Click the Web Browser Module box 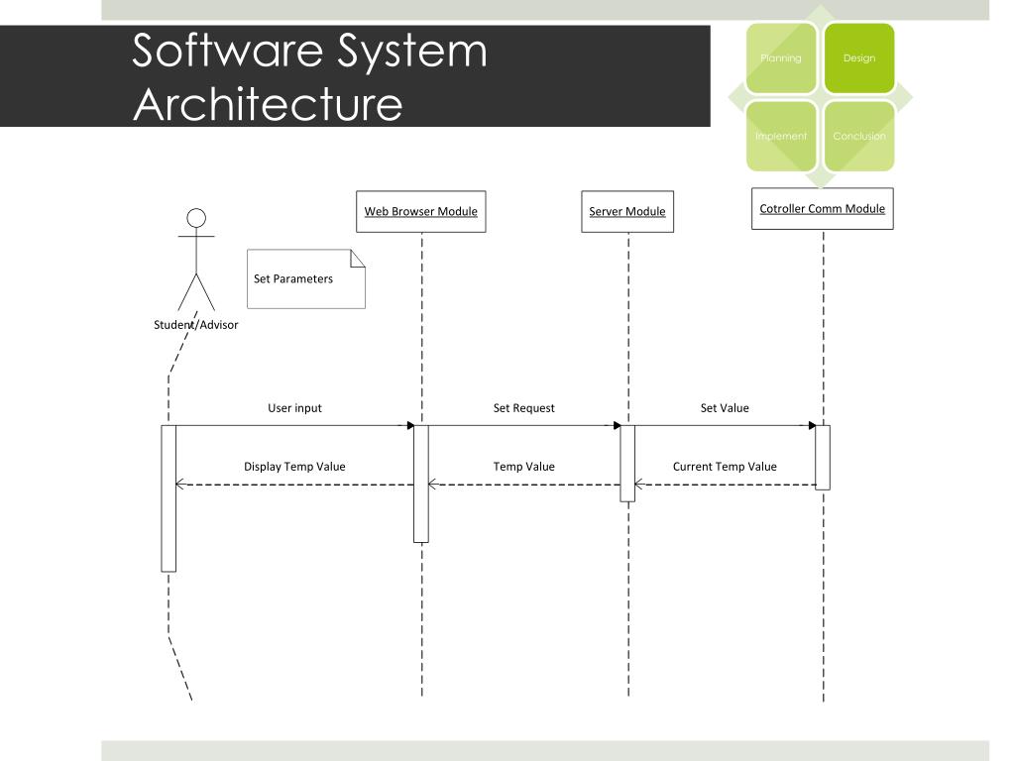tap(421, 211)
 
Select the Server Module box tap(627, 212)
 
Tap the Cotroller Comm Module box tap(822, 209)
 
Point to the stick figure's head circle tap(196, 218)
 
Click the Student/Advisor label tap(196, 324)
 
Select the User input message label tap(294, 407)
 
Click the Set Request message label tap(523, 407)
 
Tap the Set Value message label tap(725, 407)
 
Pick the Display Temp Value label tap(294, 466)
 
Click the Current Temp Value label tap(725, 466)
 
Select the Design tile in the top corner tap(859, 58)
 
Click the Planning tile tap(781, 58)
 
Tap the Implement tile tap(781, 136)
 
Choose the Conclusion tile tap(859, 136)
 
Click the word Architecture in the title tap(268, 104)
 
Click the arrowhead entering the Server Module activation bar tap(616, 426)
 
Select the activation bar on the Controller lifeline tap(823, 457)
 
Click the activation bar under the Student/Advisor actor tap(169, 497)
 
